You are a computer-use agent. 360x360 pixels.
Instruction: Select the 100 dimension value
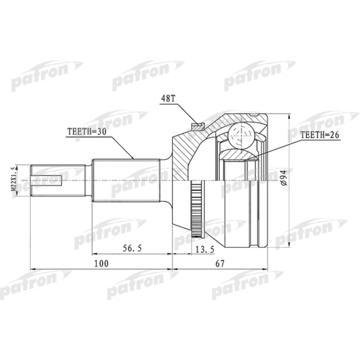[101, 264]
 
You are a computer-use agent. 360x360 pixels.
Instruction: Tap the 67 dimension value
[220, 264]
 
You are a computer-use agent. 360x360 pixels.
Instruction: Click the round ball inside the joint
[242, 135]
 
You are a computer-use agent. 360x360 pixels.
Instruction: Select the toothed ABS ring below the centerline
[195, 210]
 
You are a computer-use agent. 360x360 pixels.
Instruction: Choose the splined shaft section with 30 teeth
[126, 180]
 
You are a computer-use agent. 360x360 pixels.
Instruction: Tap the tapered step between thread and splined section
[88, 180]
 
